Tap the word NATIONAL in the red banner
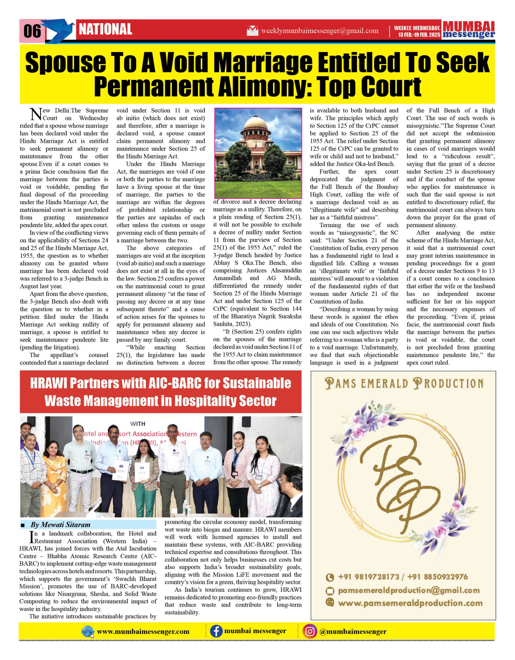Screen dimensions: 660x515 [x=105, y=29]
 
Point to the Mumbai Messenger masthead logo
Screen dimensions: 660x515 [x=469, y=30]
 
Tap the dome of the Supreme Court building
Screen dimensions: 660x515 [x=258, y=123]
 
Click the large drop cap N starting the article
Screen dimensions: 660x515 [x=36, y=114]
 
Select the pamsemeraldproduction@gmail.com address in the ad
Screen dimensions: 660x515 [x=408, y=590]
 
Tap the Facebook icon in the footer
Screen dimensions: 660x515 [x=216, y=632]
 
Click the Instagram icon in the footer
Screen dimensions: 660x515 [x=310, y=632]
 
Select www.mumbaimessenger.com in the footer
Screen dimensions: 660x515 [x=143, y=632]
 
